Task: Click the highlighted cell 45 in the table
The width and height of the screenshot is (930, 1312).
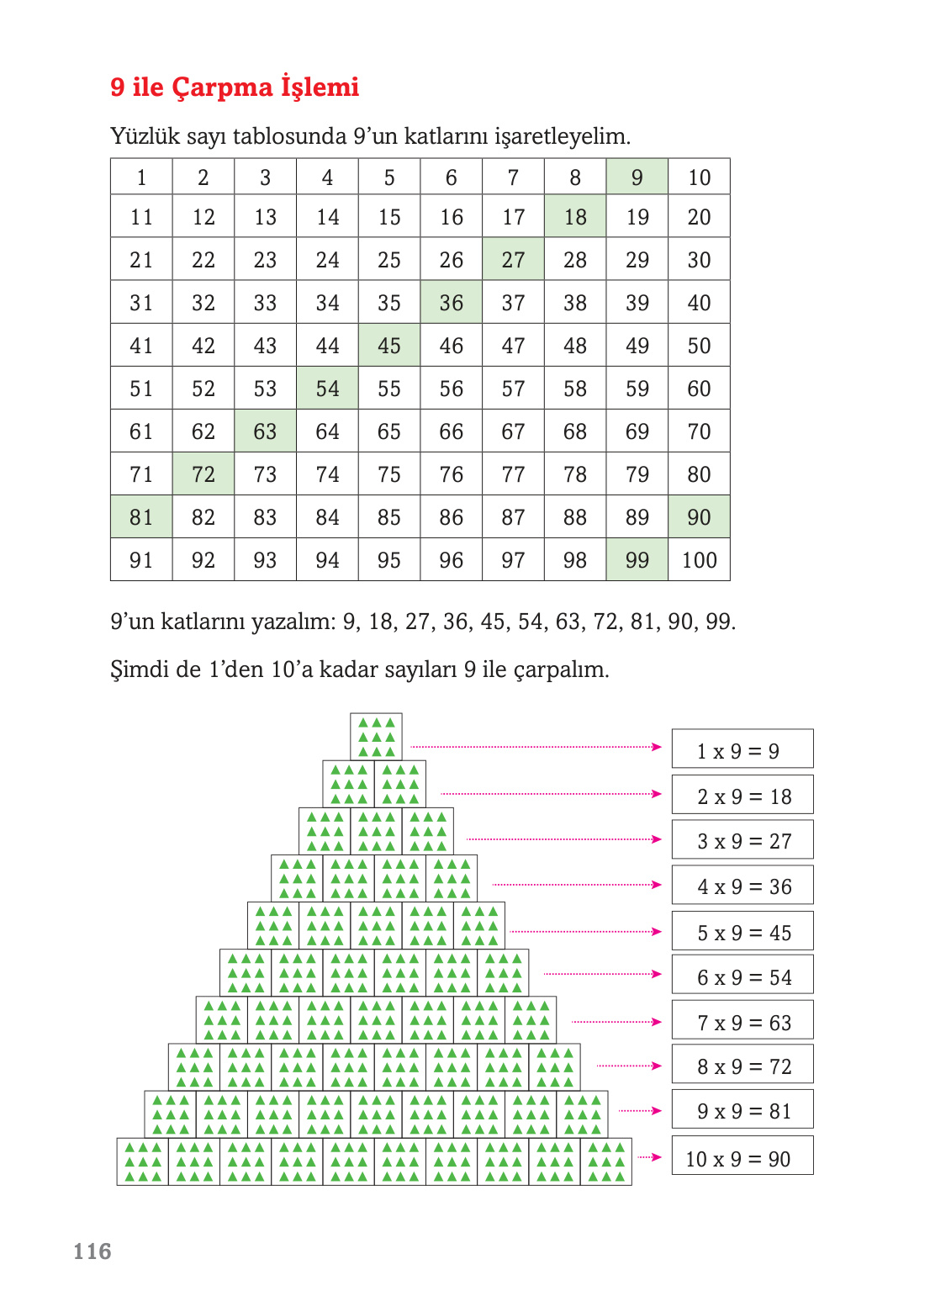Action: click(x=389, y=346)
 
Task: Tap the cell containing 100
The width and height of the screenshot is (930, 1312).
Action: click(x=699, y=560)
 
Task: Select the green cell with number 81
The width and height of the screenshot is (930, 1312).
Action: click(x=141, y=517)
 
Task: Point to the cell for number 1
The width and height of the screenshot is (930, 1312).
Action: click(x=141, y=177)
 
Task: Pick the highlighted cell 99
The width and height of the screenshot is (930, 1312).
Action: click(x=637, y=560)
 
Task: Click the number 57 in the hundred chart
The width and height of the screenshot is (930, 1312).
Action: click(x=513, y=389)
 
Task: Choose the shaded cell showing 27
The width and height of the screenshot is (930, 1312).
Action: click(x=513, y=260)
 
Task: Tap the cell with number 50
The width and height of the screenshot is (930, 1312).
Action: click(x=699, y=346)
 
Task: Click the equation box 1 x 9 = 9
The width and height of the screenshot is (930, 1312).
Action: click(x=742, y=749)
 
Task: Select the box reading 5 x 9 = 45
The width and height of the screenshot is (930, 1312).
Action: click(x=742, y=932)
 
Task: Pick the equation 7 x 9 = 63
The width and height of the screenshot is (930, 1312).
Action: click(x=742, y=1021)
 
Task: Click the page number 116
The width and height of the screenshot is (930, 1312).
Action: click(x=92, y=1251)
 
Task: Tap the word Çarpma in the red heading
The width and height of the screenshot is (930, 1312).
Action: click(x=223, y=87)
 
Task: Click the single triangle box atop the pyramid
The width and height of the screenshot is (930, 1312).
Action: click(x=376, y=737)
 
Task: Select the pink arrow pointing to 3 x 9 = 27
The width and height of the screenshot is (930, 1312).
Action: click(x=564, y=839)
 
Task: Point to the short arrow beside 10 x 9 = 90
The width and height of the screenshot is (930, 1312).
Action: click(x=650, y=1157)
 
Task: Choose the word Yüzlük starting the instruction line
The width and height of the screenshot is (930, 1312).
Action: click(x=144, y=136)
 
